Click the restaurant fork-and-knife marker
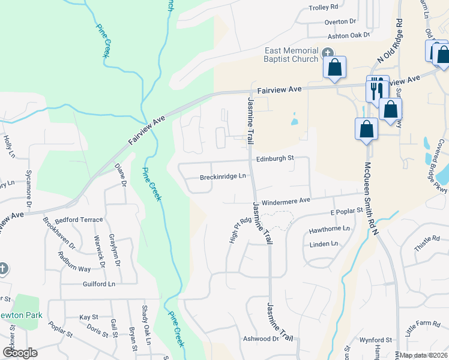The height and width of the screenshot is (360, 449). coord(377,89)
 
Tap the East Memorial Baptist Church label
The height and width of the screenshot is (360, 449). coord(291,55)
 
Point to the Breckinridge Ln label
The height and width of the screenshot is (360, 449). coord(223,176)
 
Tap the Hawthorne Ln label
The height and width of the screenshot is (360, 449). coord(329,229)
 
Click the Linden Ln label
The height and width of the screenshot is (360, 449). coord(324,244)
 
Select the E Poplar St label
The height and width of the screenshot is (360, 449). coord(347,211)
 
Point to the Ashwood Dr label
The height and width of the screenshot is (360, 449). coord(261,338)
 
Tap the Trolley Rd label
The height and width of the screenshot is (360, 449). coord(324,7)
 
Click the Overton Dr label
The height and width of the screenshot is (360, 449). coord(337,22)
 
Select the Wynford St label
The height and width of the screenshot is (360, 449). coord(376,340)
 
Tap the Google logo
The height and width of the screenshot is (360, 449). coord(19,353)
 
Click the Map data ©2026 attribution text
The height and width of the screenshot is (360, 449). coord(423,355)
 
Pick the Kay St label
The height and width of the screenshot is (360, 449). coord(88,317)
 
